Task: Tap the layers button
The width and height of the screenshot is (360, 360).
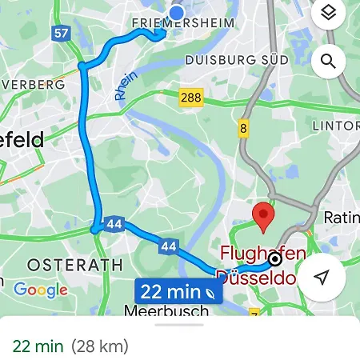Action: click(326, 14)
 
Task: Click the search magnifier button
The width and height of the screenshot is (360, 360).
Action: click(327, 61)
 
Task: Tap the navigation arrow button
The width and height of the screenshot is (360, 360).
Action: click(322, 277)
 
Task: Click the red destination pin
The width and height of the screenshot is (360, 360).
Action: click(263, 216)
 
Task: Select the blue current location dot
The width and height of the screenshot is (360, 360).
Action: click(177, 12)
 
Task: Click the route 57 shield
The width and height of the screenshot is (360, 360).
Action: click(61, 34)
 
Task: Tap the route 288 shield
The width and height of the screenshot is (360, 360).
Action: click(191, 98)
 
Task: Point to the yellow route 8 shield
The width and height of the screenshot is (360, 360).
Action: click(243, 128)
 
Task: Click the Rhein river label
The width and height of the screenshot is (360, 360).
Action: click(126, 86)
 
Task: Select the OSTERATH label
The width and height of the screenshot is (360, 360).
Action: click(75, 264)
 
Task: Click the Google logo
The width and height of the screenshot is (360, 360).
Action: click(41, 290)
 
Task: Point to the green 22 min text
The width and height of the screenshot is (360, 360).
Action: click(38, 346)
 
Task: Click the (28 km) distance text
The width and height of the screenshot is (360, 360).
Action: click(99, 346)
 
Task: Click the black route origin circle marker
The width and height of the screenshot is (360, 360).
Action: click(275, 258)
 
